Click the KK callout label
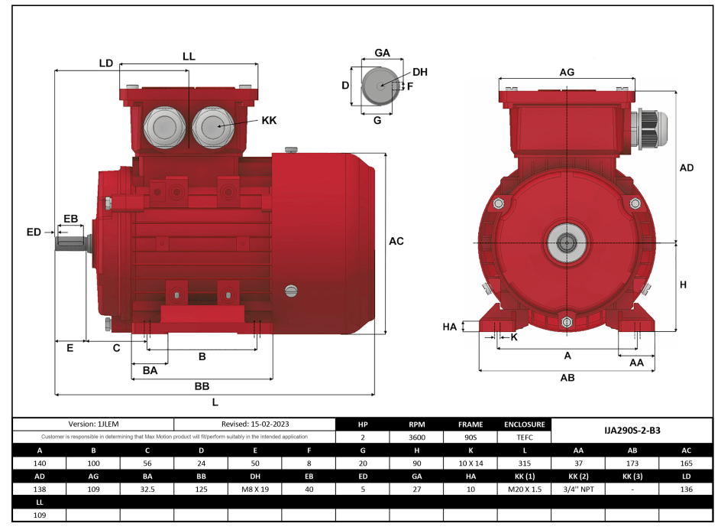[269, 121]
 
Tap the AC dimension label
[396, 241]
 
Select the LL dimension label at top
[189, 57]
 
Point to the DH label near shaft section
[420, 72]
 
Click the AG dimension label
[566, 72]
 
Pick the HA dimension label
[450, 327]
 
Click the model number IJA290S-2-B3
[632, 431]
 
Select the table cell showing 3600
[416, 437]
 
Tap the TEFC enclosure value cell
[524, 437]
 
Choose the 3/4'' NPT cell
[578, 489]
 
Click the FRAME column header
[470, 424]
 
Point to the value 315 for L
[524, 463]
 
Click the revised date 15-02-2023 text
[255, 424]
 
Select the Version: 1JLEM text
[93, 424]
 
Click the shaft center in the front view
[566, 244]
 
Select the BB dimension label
[202, 386]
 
